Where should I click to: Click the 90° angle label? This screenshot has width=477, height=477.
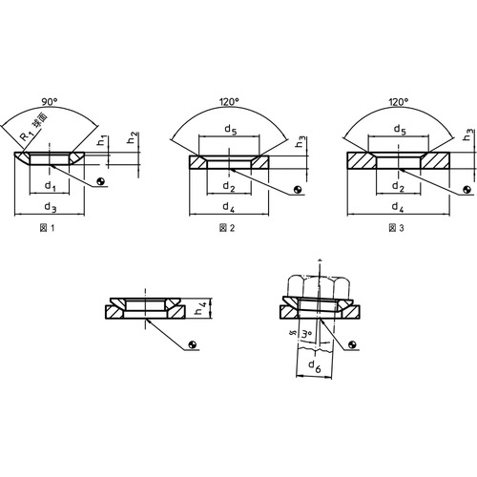(50, 102)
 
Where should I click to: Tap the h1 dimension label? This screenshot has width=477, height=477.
(102, 140)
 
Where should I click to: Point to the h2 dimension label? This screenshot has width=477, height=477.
(133, 137)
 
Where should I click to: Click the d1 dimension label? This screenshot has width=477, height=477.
(50, 186)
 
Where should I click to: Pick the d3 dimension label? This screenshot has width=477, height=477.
(51, 207)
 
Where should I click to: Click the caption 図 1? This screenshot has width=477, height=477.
(48, 228)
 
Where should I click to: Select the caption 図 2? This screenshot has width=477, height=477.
(227, 228)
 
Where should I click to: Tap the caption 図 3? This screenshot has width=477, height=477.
(396, 228)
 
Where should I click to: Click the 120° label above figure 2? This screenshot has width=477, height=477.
(229, 102)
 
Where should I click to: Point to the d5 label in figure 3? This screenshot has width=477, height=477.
(400, 130)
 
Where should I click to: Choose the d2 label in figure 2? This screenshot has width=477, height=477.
(229, 187)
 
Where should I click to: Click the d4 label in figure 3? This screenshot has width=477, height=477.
(398, 208)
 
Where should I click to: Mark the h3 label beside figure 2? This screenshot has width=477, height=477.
(301, 142)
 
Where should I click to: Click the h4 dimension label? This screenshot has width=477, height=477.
(201, 308)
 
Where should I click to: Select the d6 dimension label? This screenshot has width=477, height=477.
(315, 365)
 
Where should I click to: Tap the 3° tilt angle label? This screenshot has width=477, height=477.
(306, 335)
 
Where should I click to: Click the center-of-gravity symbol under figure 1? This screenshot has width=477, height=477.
(101, 181)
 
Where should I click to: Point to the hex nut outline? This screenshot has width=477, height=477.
(319, 285)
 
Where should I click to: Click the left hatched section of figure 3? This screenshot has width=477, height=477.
(362, 160)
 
